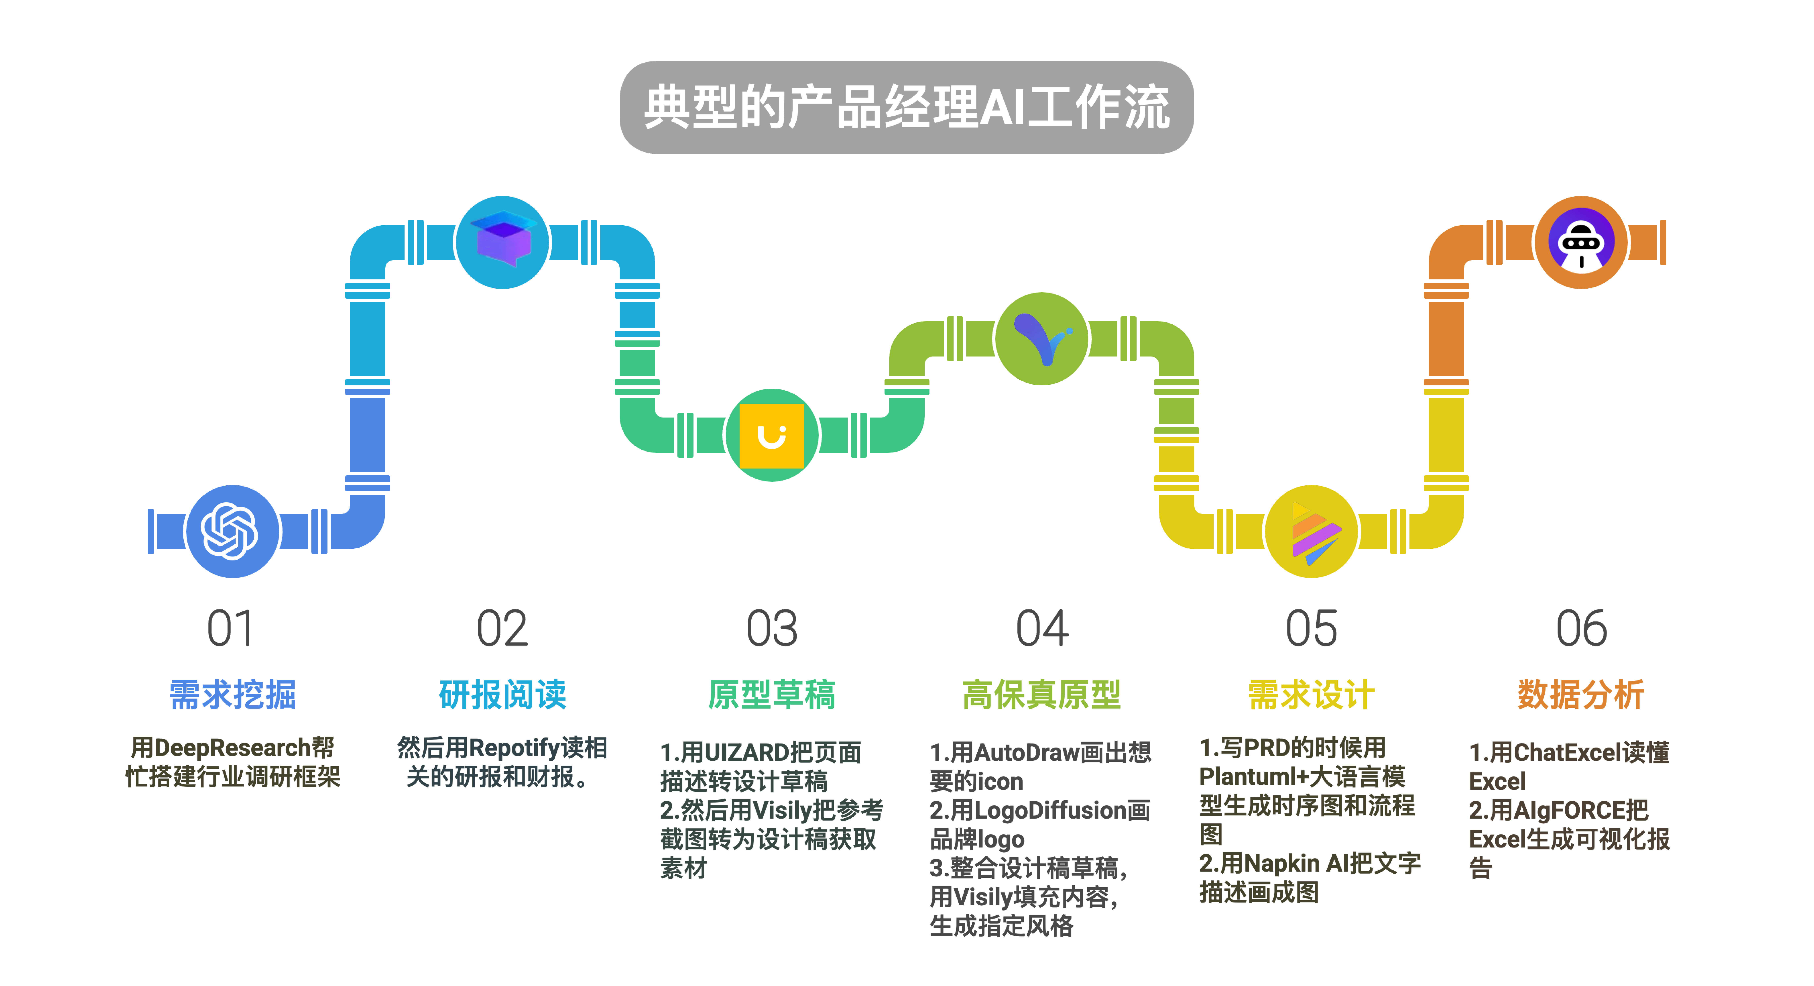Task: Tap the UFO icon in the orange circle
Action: click(x=1582, y=242)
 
